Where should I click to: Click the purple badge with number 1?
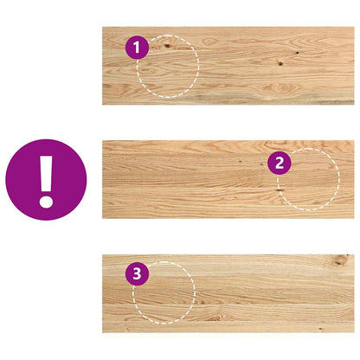click(138, 48)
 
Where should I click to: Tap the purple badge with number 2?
click(279, 162)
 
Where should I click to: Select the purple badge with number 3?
click(136, 274)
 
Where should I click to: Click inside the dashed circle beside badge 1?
click(170, 67)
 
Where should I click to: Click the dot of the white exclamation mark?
click(46, 200)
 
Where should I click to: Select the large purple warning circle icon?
click(46, 180)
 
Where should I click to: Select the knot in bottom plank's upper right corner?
click(343, 259)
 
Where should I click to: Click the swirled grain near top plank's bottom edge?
click(281, 89)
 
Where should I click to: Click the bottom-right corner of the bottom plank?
click(351, 330)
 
